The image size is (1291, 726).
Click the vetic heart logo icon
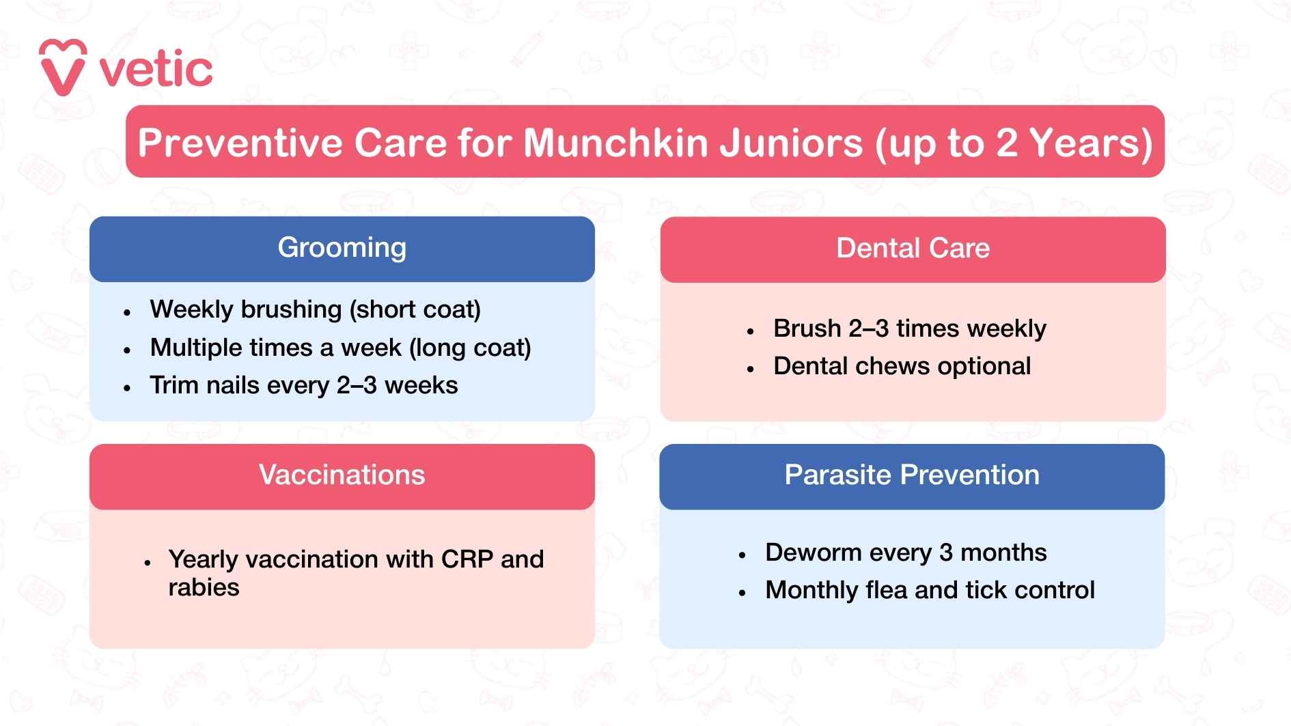tap(63, 68)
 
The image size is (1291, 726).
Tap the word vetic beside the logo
tap(156, 70)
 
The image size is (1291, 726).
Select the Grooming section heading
tap(342, 248)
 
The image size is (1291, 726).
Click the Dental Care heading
tap(913, 249)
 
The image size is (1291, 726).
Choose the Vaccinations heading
tap(342, 475)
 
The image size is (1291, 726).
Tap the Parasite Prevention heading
tap(911, 475)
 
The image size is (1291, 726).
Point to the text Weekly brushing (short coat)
tap(315, 310)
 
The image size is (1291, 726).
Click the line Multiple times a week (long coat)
tap(340, 348)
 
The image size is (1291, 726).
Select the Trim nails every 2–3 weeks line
tap(303, 386)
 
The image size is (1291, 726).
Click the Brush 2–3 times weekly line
tap(909, 329)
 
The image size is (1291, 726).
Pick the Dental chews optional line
tap(902, 367)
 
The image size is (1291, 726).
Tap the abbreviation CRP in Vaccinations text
tap(467, 560)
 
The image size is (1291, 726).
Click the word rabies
tap(204, 588)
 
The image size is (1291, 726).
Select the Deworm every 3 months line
tap(905, 553)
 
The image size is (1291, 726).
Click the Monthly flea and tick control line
tap(930, 590)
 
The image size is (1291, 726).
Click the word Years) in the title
tap(1091, 143)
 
